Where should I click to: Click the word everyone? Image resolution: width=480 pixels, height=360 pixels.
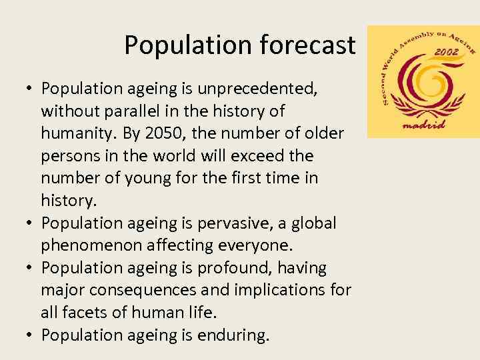[237, 246]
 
